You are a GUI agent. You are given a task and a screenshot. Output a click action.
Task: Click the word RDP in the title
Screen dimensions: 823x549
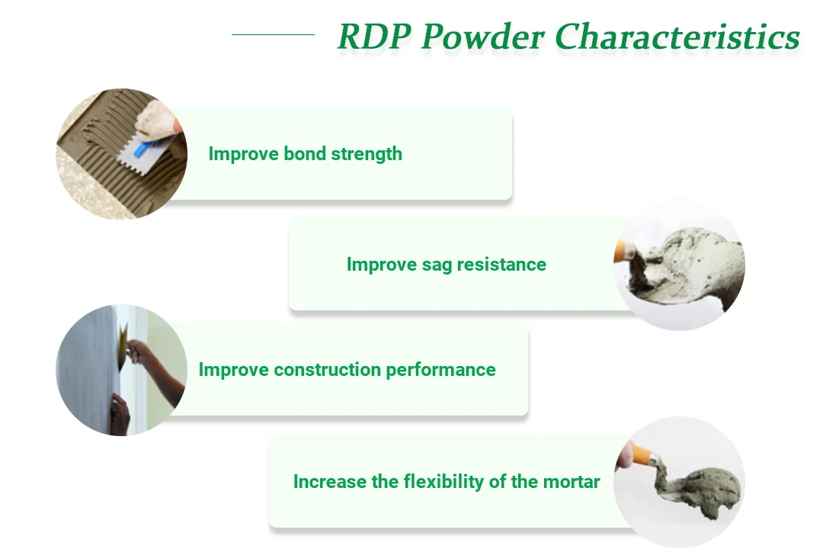click(x=374, y=37)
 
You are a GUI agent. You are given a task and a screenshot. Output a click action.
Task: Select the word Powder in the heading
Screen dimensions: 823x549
click(x=483, y=37)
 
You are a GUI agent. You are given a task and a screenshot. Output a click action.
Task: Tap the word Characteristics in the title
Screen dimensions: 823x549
click(x=677, y=37)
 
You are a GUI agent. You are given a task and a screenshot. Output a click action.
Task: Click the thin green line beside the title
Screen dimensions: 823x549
click(x=273, y=34)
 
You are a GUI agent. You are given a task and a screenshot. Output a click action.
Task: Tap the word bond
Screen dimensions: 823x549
click(x=304, y=153)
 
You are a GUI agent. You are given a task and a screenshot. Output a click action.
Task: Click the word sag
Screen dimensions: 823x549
click(x=437, y=265)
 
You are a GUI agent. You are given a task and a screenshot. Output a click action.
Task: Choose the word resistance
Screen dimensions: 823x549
click(x=501, y=265)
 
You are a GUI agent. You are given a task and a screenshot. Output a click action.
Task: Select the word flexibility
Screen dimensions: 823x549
click(x=444, y=481)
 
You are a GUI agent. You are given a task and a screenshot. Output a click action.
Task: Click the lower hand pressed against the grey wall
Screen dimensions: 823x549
click(x=120, y=413)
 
